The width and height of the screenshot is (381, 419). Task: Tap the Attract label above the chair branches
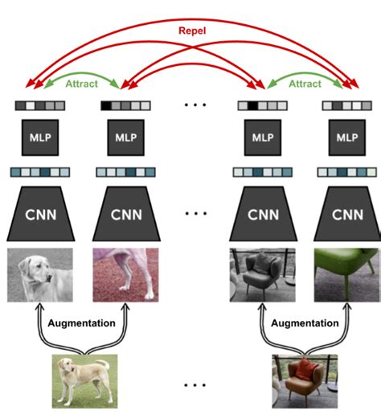click(x=305, y=84)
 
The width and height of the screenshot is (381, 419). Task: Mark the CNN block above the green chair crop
click(x=346, y=214)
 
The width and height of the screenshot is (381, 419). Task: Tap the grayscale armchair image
click(x=261, y=274)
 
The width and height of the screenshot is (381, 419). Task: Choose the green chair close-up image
click(x=346, y=274)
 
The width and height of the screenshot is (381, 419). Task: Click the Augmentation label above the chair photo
click(x=304, y=323)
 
